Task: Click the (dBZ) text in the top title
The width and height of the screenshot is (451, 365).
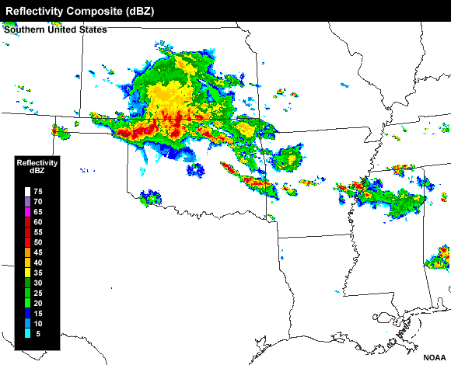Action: tap(153, 11)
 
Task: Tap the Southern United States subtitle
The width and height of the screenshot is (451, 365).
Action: tap(55, 30)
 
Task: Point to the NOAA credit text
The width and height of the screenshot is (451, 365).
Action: tap(435, 358)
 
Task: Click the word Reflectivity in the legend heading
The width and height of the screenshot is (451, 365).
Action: tap(37, 162)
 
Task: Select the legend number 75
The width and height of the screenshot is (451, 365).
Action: tap(38, 191)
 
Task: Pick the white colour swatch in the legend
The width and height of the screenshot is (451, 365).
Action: tap(27, 191)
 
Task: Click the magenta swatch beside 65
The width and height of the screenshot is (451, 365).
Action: tap(27, 211)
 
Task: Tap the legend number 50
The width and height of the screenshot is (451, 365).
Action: tap(38, 242)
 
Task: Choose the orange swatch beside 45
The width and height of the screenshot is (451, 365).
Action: tap(27, 252)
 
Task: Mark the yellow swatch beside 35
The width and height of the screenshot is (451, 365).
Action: tap(27, 272)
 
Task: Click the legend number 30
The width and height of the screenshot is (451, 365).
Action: tap(38, 282)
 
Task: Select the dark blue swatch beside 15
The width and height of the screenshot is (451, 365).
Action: tap(27, 312)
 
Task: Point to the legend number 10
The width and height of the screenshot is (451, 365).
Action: tap(38, 322)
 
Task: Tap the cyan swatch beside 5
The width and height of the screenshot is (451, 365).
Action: tap(27, 332)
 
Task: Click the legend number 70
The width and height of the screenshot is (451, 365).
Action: tap(38, 201)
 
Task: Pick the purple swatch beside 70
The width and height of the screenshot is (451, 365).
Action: tap(27, 201)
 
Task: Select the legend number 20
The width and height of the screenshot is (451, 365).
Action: tap(38, 302)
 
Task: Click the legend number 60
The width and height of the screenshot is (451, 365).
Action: tap(38, 221)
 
